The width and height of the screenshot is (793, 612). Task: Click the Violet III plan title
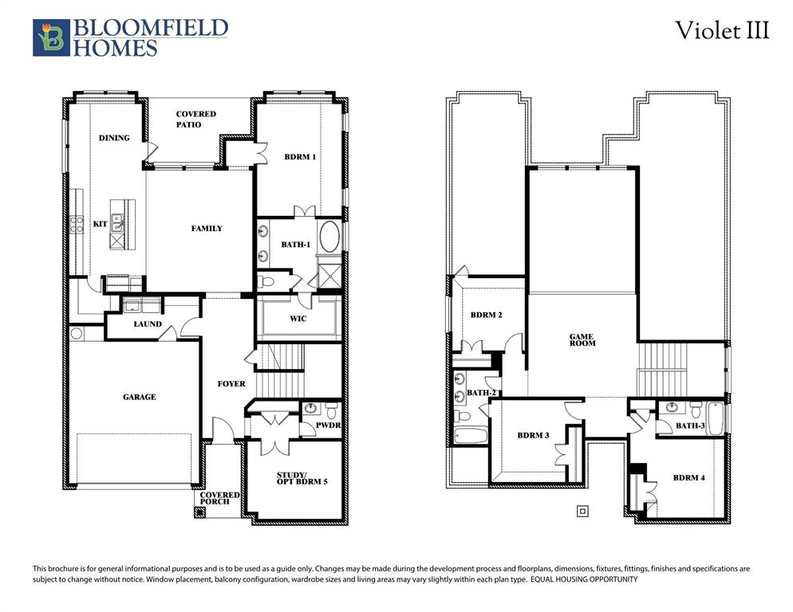pyautogui.click(x=722, y=31)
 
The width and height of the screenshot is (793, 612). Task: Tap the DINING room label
pyautogui.click(x=114, y=138)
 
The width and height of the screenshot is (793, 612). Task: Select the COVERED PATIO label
pyautogui.click(x=195, y=120)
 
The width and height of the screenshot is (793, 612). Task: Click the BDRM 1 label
pyautogui.click(x=300, y=157)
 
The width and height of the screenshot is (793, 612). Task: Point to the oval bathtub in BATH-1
pyautogui.click(x=329, y=238)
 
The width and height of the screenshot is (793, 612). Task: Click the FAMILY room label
pyautogui.click(x=207, y=229)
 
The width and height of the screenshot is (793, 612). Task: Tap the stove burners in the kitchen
pyautogui.click(x=77, y=225)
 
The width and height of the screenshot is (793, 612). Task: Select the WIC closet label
pyautogui.click(x=297, y=319)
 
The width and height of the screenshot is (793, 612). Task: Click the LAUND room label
pyautogui.click(x=148, y=324)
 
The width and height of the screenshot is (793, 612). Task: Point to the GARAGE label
pyautogui.click(x=139, y=397)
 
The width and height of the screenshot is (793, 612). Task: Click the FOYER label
pyautogui.click(x=231, y=384)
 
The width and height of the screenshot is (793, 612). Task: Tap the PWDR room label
pyautogui.click(x=328, y=426)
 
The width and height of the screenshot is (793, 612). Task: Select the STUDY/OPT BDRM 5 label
pyautogui.click(x=297, y=477)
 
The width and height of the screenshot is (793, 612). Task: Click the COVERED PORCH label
pyautogui.click(x=219, y=498)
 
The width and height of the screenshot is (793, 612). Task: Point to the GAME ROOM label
pyautogui.click(x=582, y=339)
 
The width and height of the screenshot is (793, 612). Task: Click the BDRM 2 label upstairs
pyautogui.click(x=486, y=316)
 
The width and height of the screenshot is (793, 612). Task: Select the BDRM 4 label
pyautogui.click(x=688, y=478)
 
